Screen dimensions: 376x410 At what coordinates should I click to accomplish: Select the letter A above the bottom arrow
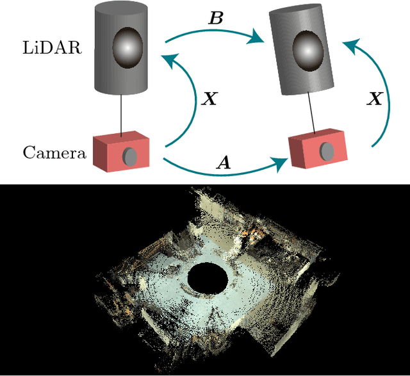(x=224, y=163)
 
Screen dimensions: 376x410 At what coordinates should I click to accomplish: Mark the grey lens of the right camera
(x=327, y=151)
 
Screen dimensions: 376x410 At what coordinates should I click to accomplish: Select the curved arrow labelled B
(x=218, y=32)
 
